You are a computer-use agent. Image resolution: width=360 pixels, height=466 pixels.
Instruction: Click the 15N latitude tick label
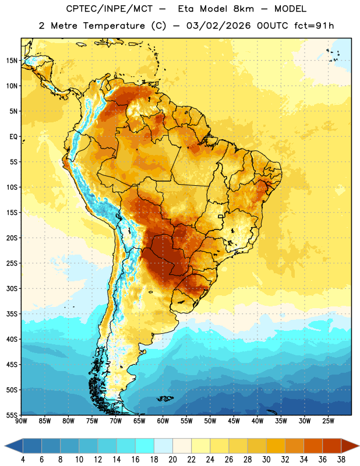(x=12, y=61)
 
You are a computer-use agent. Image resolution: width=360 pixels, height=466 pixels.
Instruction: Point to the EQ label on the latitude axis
(x=13, y=137)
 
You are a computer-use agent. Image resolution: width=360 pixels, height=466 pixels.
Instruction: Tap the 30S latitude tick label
(x=12, y=288)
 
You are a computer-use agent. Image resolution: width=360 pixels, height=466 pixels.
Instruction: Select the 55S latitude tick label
(x=12, y=415)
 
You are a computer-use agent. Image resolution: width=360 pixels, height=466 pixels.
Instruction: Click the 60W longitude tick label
(x=163, y=421)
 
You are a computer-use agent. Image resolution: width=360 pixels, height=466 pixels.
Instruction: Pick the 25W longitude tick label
(x=328, y=421)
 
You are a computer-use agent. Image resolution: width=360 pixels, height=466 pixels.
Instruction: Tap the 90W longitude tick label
(x=22, y=421)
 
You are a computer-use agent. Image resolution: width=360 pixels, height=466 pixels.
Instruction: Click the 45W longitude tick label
(x=234, y=421)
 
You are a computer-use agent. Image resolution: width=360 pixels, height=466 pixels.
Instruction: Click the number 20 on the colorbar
(x=172, y=460)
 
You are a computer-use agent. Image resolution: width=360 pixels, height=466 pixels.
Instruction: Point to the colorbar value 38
(x=341, y=460)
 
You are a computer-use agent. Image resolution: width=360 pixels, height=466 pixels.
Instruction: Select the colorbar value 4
(x=23, y=460)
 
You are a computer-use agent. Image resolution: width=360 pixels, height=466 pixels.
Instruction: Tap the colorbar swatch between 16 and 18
(x=145, y=446)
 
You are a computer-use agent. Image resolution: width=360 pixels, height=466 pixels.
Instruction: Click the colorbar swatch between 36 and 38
(x=332, y=446)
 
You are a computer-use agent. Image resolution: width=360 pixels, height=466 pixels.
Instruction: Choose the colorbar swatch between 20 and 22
(x=182, y=446)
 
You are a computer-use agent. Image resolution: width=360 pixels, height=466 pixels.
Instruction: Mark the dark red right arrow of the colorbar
(x=350, y=446)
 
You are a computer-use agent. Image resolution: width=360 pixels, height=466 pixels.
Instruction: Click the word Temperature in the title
(x=114, y=26)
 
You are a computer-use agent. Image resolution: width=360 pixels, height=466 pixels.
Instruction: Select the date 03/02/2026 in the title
(x=218, y=26)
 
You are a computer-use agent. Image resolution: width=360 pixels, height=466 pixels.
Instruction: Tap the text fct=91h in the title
(x=314, y=26)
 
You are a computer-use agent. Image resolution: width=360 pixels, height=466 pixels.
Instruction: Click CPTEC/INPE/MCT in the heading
(x=109, y=9)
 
